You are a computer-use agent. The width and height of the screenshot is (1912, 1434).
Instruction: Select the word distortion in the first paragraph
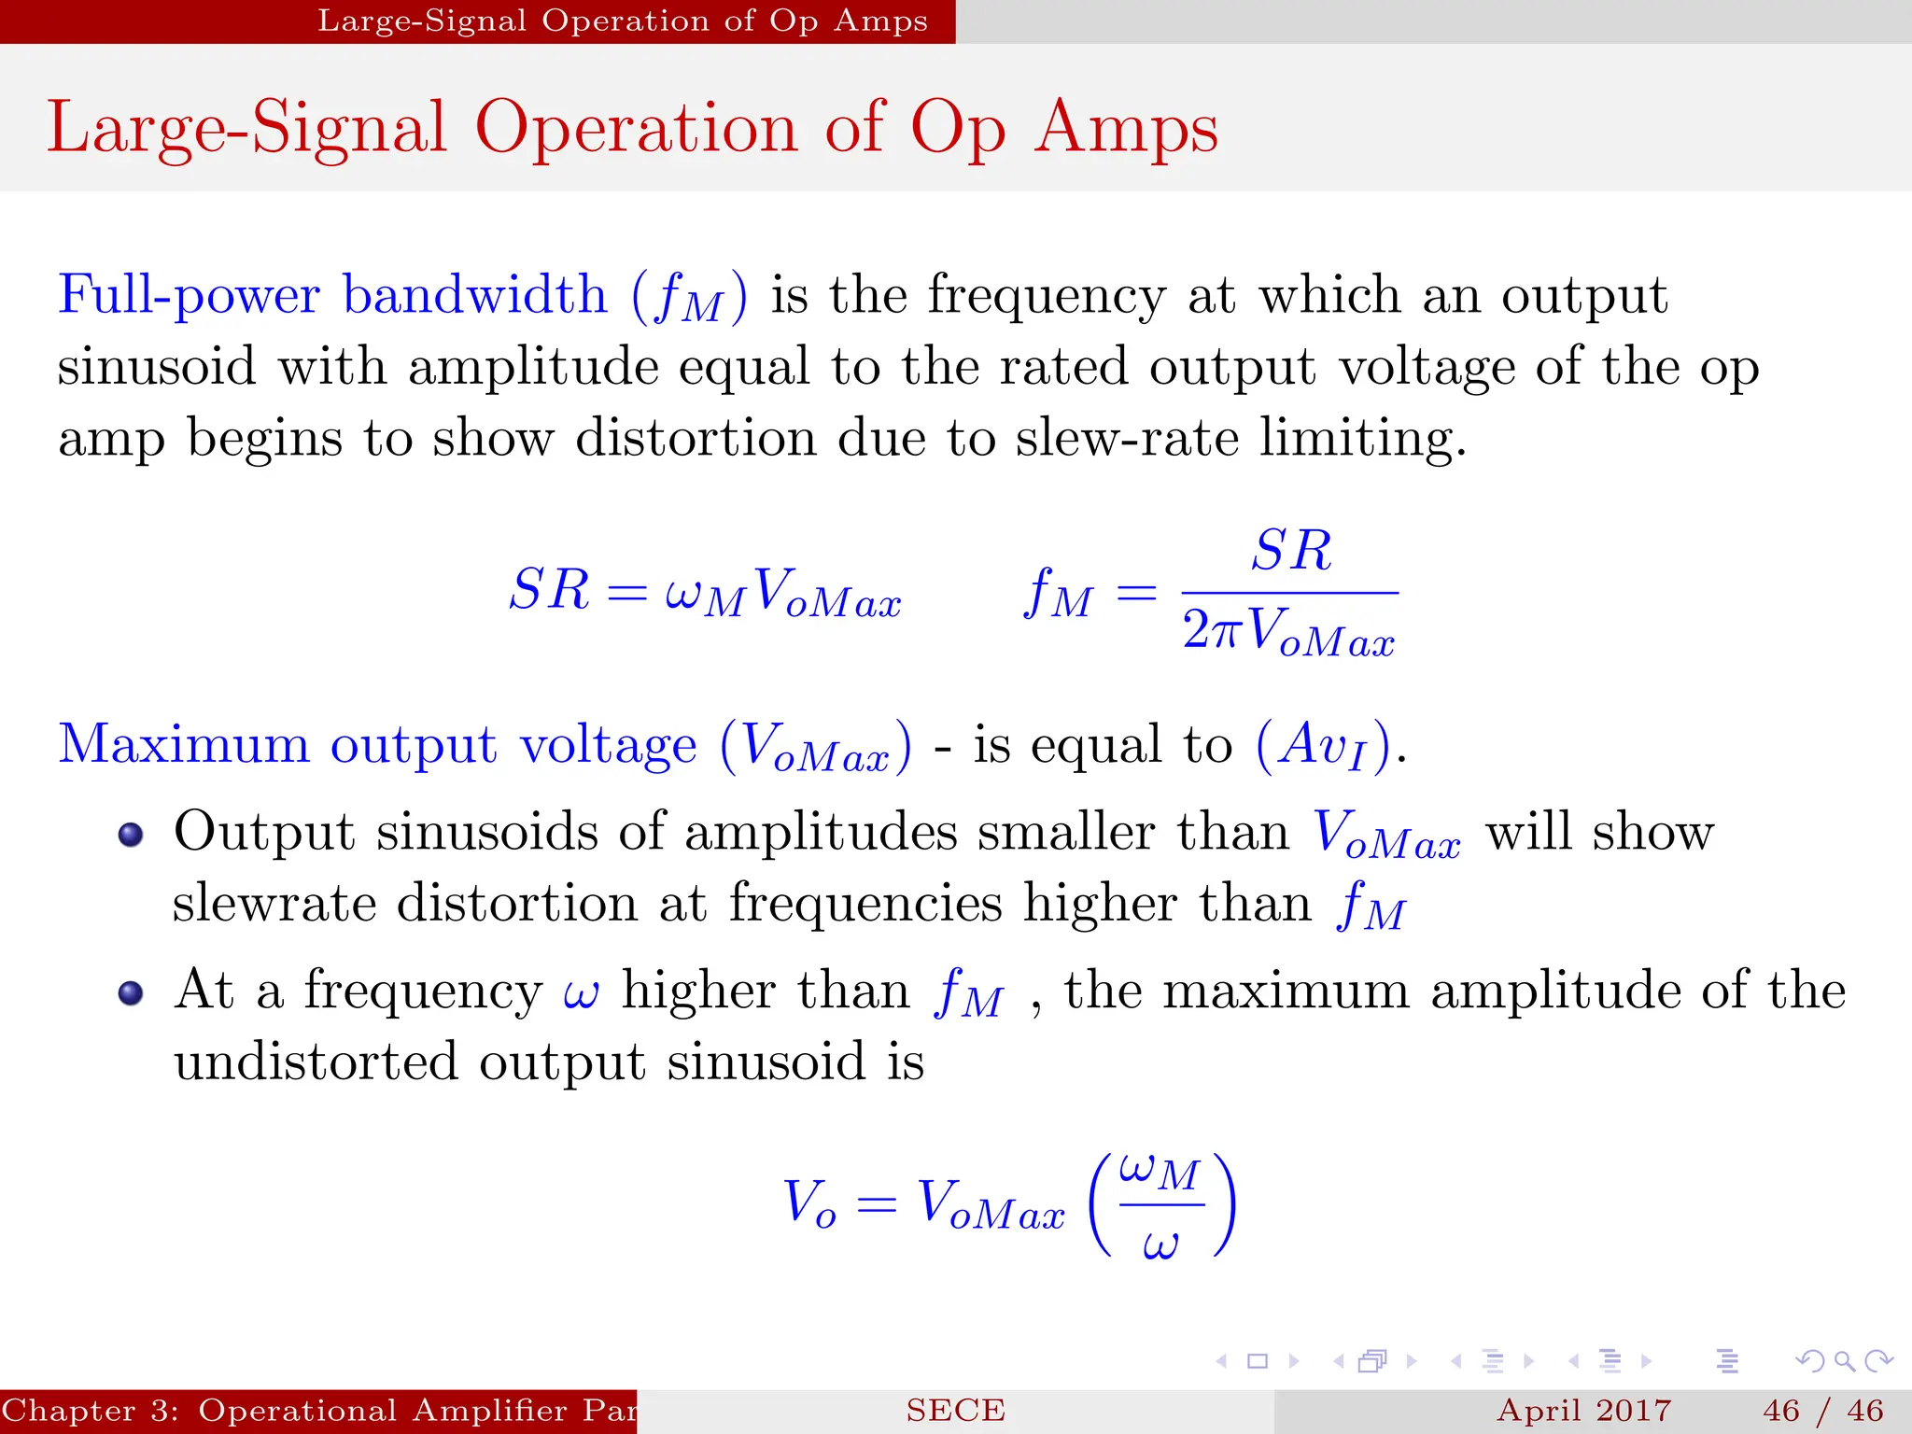coord(695,438)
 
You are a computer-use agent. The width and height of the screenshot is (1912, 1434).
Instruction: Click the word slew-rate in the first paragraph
coord(1127,438)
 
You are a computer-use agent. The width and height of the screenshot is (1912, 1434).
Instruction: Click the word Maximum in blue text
coord(183,745)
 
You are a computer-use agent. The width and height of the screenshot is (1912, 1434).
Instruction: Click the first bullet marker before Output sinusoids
coord(131,834)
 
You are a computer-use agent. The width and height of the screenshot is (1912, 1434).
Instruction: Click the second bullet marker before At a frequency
coord(131,992)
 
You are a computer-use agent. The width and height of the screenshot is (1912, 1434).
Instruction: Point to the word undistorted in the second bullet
coord(316,1062)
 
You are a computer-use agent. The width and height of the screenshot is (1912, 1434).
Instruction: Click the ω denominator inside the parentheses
coord(1160,1244)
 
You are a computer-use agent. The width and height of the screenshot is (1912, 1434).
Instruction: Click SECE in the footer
coord(955,1411)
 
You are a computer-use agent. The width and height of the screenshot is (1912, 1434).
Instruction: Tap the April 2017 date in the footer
coord(1583,1411)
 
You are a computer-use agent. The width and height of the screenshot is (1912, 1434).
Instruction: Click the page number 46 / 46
coord(1822,1411)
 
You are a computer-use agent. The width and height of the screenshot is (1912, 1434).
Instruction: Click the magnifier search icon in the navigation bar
coord(1844,1361)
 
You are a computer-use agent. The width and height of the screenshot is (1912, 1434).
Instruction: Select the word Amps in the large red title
coord(1126,128)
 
